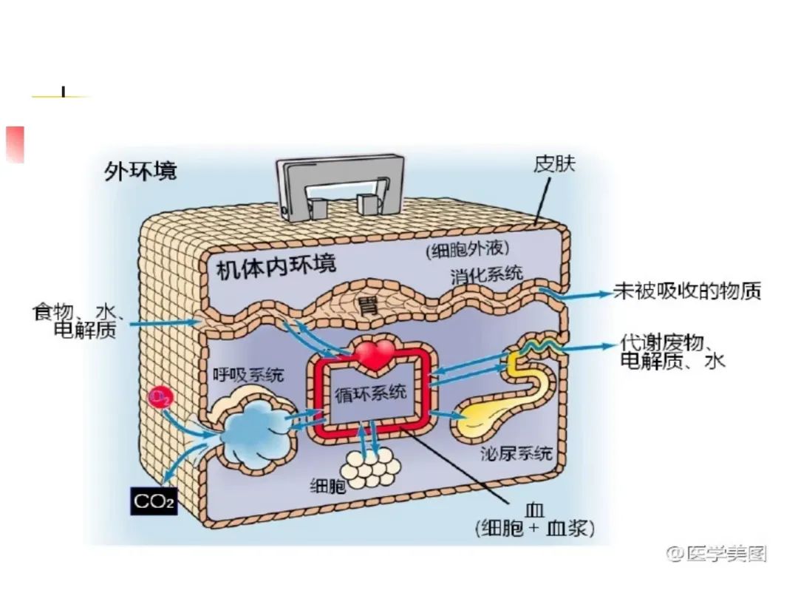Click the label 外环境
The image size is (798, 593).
coord(140,171)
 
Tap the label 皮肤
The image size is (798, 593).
coord(554,163)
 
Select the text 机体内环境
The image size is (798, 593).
coord(276,267)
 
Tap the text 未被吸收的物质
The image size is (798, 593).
coord(687,291)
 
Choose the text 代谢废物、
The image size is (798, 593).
coord(666,343)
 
